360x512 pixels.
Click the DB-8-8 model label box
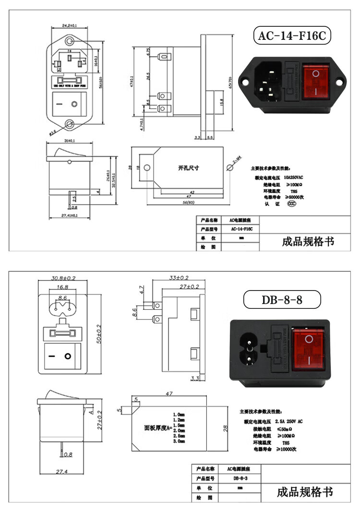pyautogui.click(x=282, y=300)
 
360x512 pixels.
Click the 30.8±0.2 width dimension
pyautogui.click(x=63, y=278)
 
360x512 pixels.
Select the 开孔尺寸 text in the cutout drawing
pyautogui.click(x=188, y=169)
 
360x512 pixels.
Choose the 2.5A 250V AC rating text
pyautogui.click(x=292, y=421)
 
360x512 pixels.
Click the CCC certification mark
pyautogui.click(x=291, y=204)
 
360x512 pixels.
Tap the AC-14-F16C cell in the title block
pyautogui.click(x=241, y=229)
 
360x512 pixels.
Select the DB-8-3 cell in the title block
pyautogui.click(x=240, y=479)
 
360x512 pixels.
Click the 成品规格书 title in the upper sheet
pyautogui.click(x=308, y=241)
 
